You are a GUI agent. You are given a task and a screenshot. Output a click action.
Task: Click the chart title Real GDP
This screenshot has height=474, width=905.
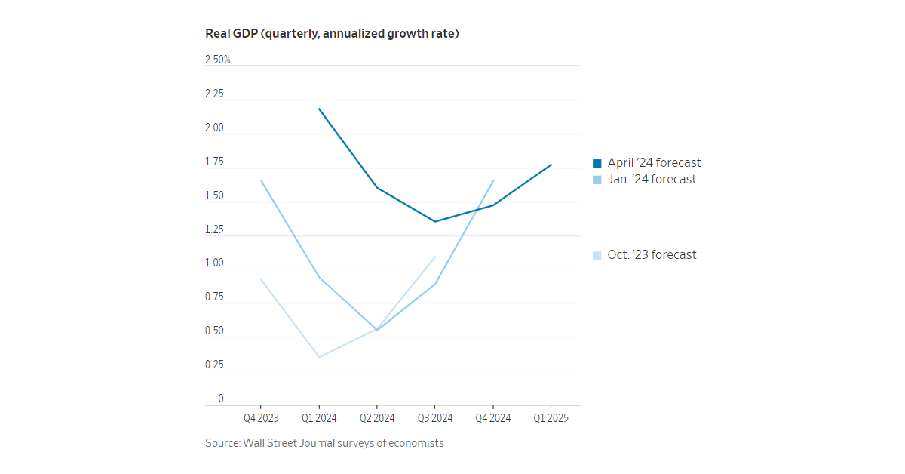pos(332,34)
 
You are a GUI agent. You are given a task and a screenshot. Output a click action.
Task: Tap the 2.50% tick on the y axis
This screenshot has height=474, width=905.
pos(217,60)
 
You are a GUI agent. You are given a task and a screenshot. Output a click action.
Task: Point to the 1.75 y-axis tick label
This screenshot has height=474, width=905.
pos(214,162)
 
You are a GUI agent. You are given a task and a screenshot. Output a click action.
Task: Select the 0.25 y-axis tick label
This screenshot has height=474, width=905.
pos(214,365)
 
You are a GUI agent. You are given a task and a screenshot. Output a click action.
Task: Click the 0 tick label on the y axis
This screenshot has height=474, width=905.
pos(221,399)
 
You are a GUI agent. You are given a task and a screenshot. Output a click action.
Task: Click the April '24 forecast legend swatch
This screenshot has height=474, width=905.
pos(597,163)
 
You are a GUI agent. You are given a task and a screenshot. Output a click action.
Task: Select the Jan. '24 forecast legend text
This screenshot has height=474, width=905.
pos(652,180)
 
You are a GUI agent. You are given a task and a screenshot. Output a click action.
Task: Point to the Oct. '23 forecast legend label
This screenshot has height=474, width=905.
pos(652,255)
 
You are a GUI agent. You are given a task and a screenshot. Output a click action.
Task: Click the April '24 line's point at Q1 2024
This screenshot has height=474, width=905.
pos(319,109)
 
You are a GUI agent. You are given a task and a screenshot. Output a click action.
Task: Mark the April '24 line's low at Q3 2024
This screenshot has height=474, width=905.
pos(434,221)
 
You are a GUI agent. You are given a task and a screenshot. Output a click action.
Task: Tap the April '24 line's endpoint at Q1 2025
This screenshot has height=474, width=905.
pos(551,165)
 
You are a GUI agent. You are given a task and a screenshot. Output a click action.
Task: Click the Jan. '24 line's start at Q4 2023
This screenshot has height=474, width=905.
pos(261,180)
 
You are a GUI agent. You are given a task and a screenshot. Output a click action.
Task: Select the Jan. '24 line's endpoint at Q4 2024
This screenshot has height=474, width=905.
pos(493,180)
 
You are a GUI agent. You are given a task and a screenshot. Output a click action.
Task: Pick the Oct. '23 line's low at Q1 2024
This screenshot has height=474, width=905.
pos(319,357)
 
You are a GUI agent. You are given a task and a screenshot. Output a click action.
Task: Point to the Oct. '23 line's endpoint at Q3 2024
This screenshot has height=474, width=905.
pos(435,257)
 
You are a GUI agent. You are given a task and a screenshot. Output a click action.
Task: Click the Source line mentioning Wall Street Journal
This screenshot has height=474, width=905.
pos(324,443)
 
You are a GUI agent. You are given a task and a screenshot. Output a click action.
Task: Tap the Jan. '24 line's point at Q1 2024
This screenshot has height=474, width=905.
pos(319,277)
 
